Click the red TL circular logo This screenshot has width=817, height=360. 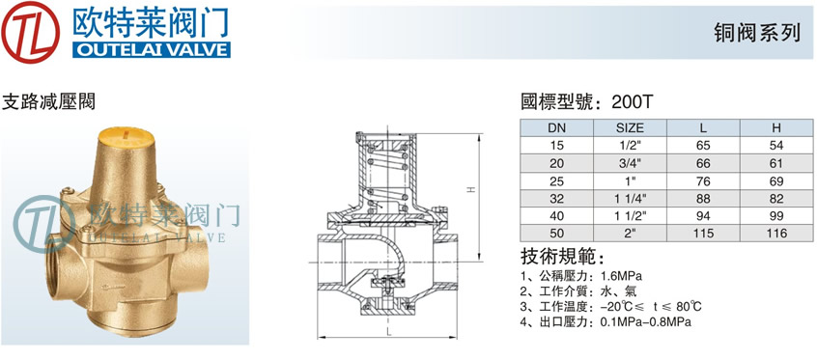[30, 32]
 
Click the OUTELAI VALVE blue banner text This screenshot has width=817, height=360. [151, 49]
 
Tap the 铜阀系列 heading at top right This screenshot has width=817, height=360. [757, 34]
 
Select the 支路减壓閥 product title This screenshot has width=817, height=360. [49, 101]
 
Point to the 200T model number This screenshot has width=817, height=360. [632, 101]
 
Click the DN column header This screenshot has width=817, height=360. [557, 127]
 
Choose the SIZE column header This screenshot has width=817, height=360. [630, 127]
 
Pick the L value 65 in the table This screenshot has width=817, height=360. [703, 146]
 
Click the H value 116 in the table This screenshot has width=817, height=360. [776, 233]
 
